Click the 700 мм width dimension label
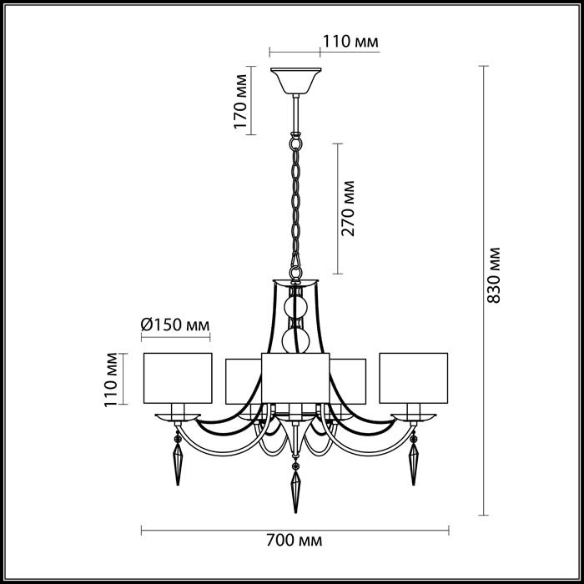point(294,540)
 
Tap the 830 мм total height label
point(494,275)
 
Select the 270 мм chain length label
point(348,209)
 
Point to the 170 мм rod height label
point(240,101)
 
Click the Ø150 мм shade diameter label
point(175,325)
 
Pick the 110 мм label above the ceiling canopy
point(350,42)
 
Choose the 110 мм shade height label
point(111,380)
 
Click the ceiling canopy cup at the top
point(295,81)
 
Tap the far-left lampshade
point(178,378)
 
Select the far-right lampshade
point(414,378)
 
